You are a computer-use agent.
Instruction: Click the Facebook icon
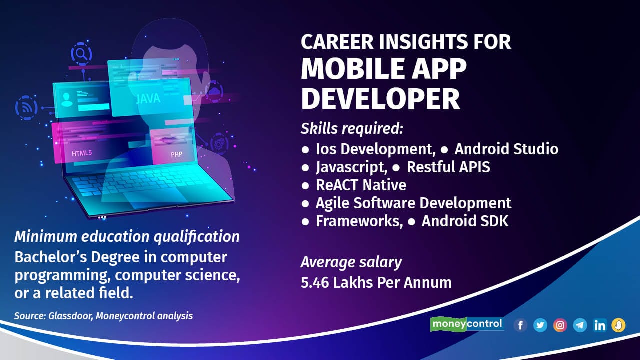(x=520, y=325)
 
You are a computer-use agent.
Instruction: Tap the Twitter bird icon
(x=540, y=325)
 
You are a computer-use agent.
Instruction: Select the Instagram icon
(x=560, y=325)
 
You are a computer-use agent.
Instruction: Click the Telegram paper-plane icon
(x=580, y=325)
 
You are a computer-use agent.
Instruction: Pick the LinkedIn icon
(x=599, y=325)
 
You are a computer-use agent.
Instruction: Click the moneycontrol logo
(x=467, y=324)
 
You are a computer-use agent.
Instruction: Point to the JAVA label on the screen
(x=148, y=99)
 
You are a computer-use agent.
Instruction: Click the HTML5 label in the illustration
(x=82, y=153)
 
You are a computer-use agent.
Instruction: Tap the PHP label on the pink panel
(x=176, y=155)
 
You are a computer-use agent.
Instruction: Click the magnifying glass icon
(x=81, y=53)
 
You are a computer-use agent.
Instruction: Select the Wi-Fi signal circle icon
(x=26, y=108)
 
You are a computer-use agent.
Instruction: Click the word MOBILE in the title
(x=352, y=69)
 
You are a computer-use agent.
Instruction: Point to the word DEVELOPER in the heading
(x=380, y=99)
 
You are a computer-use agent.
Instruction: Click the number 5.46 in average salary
(x=315, y=283)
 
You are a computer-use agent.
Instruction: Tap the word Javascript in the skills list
(x=351, y=167)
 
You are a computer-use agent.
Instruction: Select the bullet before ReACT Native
(x=305, y=186)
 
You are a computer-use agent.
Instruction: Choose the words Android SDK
(x=465, y=221)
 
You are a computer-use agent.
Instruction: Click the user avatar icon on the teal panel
(x=67, y=100)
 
